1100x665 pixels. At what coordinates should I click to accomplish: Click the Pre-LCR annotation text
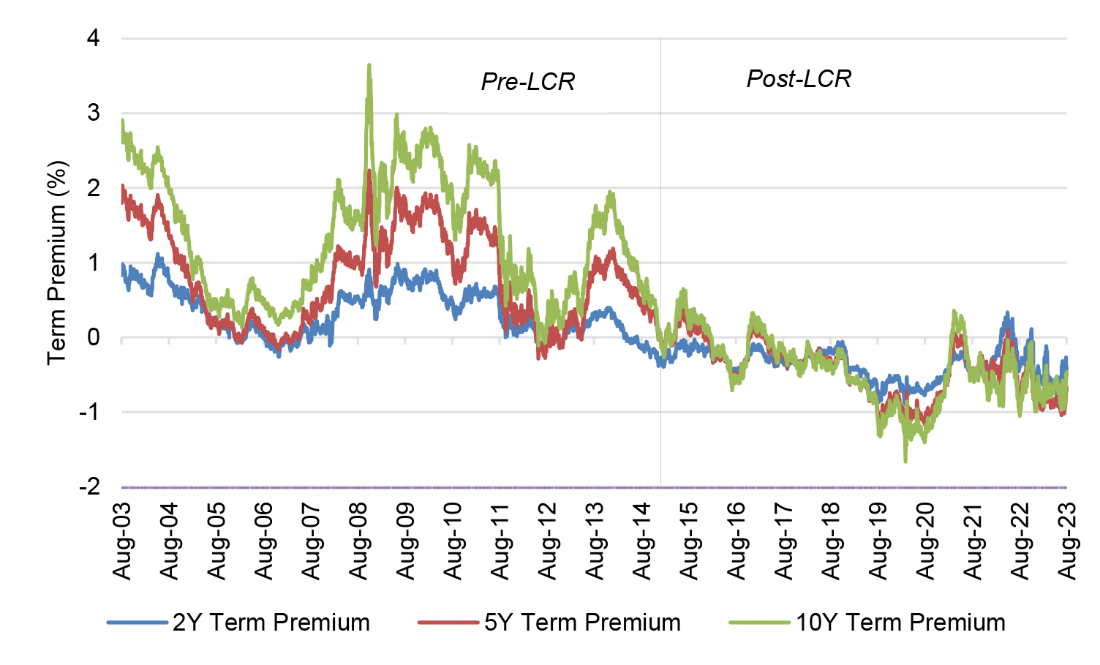(x=527, y=81)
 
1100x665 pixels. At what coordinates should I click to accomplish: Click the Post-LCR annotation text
(x=799, y=78)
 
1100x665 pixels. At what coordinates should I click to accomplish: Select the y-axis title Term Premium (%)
(x=57, y=263)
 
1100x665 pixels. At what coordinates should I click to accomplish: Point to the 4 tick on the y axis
(x=93, y=38)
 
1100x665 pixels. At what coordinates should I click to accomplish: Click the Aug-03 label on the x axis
(x=122, y=541)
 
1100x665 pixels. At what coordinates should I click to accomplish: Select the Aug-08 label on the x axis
(x=359, y=541)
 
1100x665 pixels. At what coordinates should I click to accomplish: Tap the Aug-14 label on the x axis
(x=643, y=541)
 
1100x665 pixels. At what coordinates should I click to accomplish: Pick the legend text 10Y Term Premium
(x=900, y=623)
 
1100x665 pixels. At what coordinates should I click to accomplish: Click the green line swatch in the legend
(x=759, y=623)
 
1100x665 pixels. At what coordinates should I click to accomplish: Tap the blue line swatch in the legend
(x=137, y=623)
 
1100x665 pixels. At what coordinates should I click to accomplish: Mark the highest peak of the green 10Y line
(x=369, y=66)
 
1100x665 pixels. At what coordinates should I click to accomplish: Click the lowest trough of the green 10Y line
(x=905, y=461)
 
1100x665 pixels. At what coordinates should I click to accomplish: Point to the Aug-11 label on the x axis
(x=501, y=541)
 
